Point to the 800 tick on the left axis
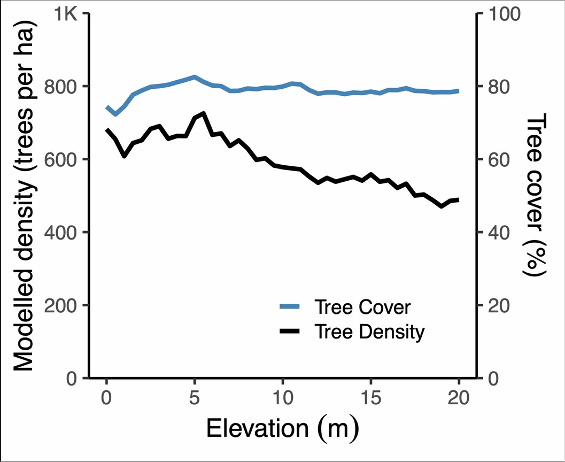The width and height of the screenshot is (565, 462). pos(64,87)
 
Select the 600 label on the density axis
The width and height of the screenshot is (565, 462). pos(64,159)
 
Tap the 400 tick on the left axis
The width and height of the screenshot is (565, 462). pos(64,232)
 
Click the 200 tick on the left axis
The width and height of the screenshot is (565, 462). pos(64,305)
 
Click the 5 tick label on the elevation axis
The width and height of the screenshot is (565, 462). pos(195,398)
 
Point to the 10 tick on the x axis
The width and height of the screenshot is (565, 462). pos(283,398)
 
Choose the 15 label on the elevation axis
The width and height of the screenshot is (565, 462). pos(371,398)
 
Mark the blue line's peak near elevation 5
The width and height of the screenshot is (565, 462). pos(195,76)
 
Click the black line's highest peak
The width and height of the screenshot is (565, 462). pos(204,113)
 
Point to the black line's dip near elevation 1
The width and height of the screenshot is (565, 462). pos(124,156)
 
